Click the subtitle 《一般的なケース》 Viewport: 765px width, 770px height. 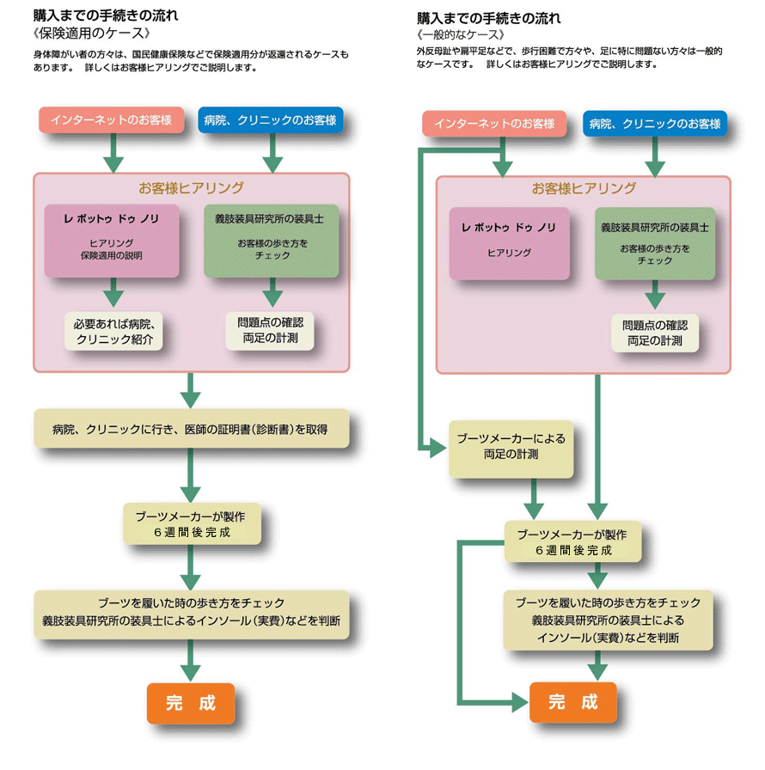460,34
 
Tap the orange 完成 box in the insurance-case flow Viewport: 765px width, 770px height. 191,702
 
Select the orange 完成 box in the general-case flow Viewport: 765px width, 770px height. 573,702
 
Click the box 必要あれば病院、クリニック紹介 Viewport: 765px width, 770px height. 113,332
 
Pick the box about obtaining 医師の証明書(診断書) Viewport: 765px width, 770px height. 191,428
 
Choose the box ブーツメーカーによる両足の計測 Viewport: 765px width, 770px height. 511,447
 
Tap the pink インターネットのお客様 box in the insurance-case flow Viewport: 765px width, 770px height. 112,119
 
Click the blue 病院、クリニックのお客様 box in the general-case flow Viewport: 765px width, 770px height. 655,124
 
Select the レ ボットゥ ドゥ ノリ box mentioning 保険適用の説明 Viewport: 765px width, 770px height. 112,240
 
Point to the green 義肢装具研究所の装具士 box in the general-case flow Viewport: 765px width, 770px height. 655,243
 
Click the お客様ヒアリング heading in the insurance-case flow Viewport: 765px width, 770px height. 191,187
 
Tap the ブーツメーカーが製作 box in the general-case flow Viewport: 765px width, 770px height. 572,541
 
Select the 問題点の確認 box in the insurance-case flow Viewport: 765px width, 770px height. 271,331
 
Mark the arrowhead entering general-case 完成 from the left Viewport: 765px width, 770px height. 519,702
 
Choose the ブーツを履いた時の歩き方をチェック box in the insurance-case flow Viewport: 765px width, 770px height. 191,613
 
